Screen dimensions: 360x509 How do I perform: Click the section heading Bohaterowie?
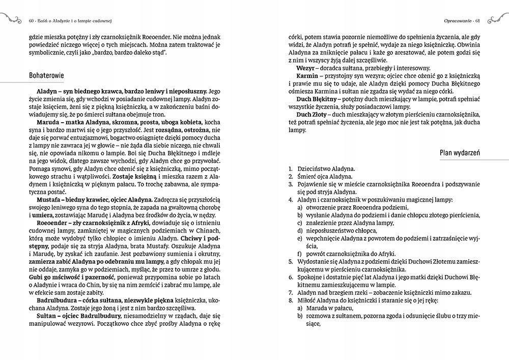pos(47,75)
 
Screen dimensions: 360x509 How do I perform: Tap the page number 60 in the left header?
pos(32,20)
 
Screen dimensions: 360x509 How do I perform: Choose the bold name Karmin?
pos(307,75)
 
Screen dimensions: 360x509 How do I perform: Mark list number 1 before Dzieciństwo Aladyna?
pos(289,169)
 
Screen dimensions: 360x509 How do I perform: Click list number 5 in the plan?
pos(289,261)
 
